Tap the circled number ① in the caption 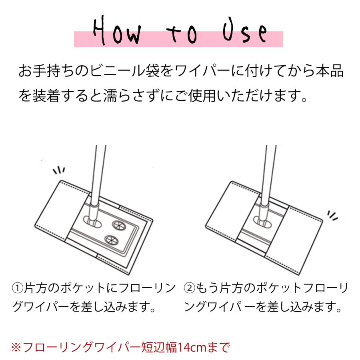pos(17,288)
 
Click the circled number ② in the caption pos(190,288)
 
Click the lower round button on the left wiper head pos(110,240)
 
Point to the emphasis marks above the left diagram pos(59,171)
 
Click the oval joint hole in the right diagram pos(261,220)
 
